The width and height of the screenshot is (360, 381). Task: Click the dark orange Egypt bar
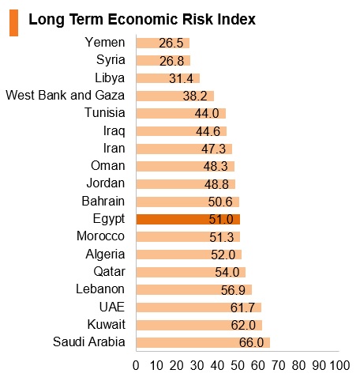[x=188, y=219]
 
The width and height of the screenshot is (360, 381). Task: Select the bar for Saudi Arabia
[x=203, y=342]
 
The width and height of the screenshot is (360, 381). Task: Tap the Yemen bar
[x=163, y=43]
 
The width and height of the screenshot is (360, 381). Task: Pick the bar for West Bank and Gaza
[x=175, y=96]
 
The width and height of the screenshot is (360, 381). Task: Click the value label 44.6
[x=208, y=131]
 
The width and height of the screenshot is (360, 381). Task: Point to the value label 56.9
[x=233, y=290]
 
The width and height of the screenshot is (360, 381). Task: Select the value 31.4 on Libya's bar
[x=181, y=78]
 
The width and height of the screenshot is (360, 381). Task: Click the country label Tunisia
[x=105, y=113]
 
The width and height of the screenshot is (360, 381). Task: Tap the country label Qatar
[x=109, y=272]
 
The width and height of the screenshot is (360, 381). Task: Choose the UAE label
[x=112, y=307]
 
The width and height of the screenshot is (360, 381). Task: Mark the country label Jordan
[x=106, y=183]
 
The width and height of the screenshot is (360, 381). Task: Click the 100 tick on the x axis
[x=339, y=365]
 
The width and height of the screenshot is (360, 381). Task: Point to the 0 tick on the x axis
[x=136, y=365]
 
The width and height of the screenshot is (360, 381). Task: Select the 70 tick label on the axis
[x=279, y=365]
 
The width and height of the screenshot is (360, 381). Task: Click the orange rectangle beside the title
[x=13, y=23]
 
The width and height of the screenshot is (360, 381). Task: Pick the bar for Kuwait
[x=199, y=325]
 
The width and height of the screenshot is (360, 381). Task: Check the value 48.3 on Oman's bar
[x=216, y=167]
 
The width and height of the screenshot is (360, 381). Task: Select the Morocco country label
[x=100, y=236]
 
